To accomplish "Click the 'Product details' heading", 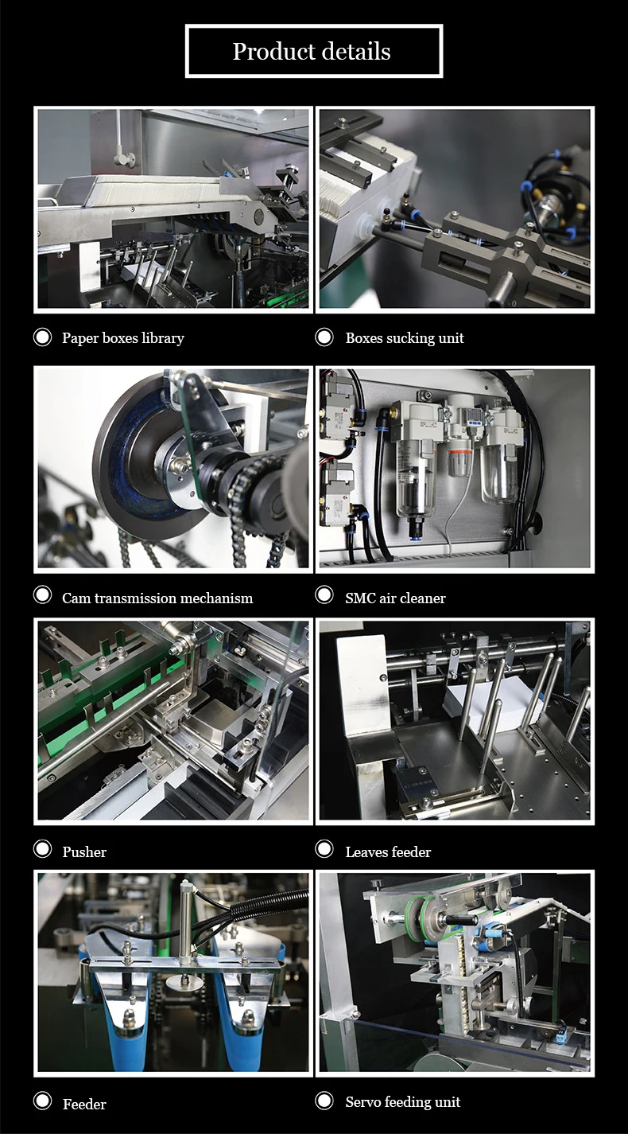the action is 312,51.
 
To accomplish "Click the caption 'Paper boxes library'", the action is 123,337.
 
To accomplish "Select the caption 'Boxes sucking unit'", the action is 405,337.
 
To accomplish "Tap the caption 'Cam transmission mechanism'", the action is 157,598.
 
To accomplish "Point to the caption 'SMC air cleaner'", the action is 395,598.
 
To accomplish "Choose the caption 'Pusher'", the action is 84,851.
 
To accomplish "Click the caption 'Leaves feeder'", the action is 389,851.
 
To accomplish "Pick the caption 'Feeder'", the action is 84,1104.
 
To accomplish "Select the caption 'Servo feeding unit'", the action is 403,1101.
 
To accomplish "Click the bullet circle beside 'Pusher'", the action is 42,849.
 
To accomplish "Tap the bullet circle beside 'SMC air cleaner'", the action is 324,594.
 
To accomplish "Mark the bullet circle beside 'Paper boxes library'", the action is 42,337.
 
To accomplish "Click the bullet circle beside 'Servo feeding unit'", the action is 324,1101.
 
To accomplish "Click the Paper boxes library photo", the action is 173,209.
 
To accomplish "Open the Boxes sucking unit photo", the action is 455,209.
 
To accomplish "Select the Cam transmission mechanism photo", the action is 173,470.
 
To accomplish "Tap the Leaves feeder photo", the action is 455,721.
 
